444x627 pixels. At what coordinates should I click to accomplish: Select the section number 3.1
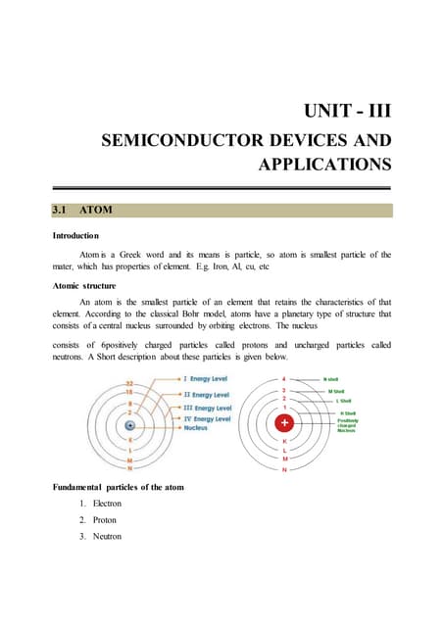tap(64, 210)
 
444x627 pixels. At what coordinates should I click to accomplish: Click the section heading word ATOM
tap(98, 210)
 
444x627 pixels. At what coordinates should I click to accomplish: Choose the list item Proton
tap(103, 520)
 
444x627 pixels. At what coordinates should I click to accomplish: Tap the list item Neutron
tap(105, 537)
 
